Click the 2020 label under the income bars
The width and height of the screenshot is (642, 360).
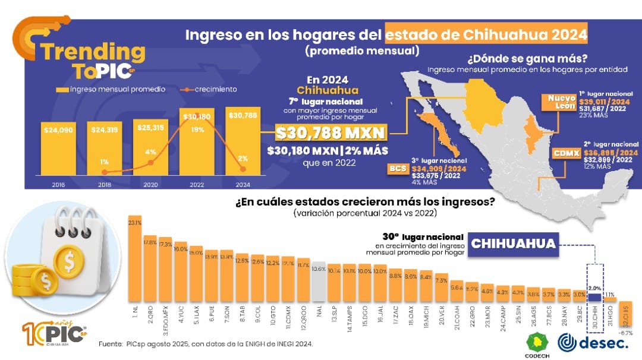click(151, 185)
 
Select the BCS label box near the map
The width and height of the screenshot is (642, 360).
click(396, 169)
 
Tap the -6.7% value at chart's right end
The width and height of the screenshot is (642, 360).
click(625, 333)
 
